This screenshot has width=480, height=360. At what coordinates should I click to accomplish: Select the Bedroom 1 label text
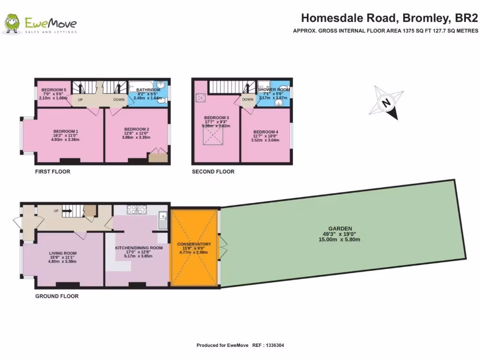[x=66, y=131]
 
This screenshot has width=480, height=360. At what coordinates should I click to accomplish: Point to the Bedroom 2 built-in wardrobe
[x=158, y=157]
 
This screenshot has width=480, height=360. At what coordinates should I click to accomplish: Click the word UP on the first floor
[x=80, y=100]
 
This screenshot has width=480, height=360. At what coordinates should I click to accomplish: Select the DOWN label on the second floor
[x=247, y=99]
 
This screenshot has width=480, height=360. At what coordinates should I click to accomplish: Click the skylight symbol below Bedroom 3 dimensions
[x=213, y=136]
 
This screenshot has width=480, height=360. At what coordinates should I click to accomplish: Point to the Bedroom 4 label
[x=266, y=132]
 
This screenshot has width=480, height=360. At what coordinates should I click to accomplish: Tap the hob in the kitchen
[x=136, y=210]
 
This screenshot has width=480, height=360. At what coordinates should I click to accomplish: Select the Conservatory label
[x=194, y=244]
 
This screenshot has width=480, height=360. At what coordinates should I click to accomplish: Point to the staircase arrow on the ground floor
[x=66, y=211]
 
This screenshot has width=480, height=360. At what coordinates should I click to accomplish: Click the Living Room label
[x=63, y=253]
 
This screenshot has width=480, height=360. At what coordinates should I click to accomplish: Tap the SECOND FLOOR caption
[x=213, y=172]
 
